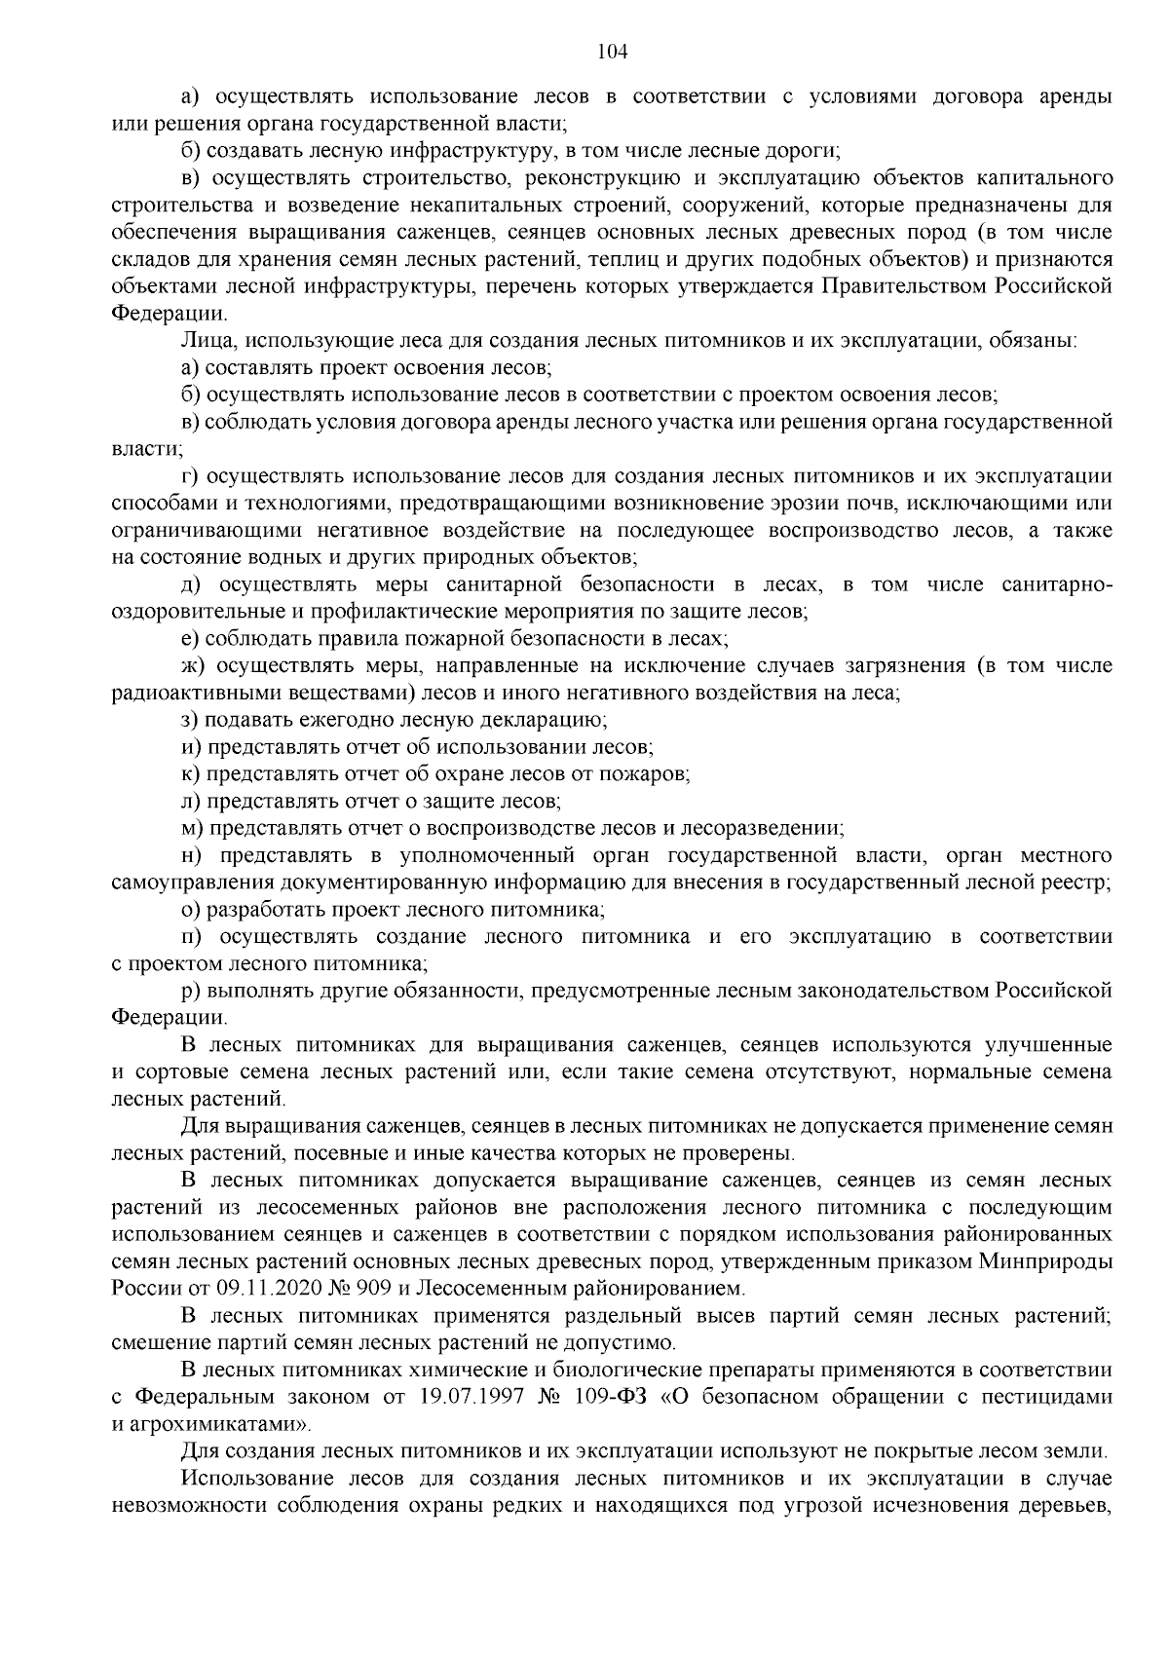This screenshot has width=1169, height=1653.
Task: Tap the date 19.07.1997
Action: point(469,1397)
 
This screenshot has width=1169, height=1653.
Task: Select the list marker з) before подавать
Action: point(190,720)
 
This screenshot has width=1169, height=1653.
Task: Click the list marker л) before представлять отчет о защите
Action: point(190,801)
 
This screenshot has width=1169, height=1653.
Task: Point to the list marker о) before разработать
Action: point(190,910)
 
